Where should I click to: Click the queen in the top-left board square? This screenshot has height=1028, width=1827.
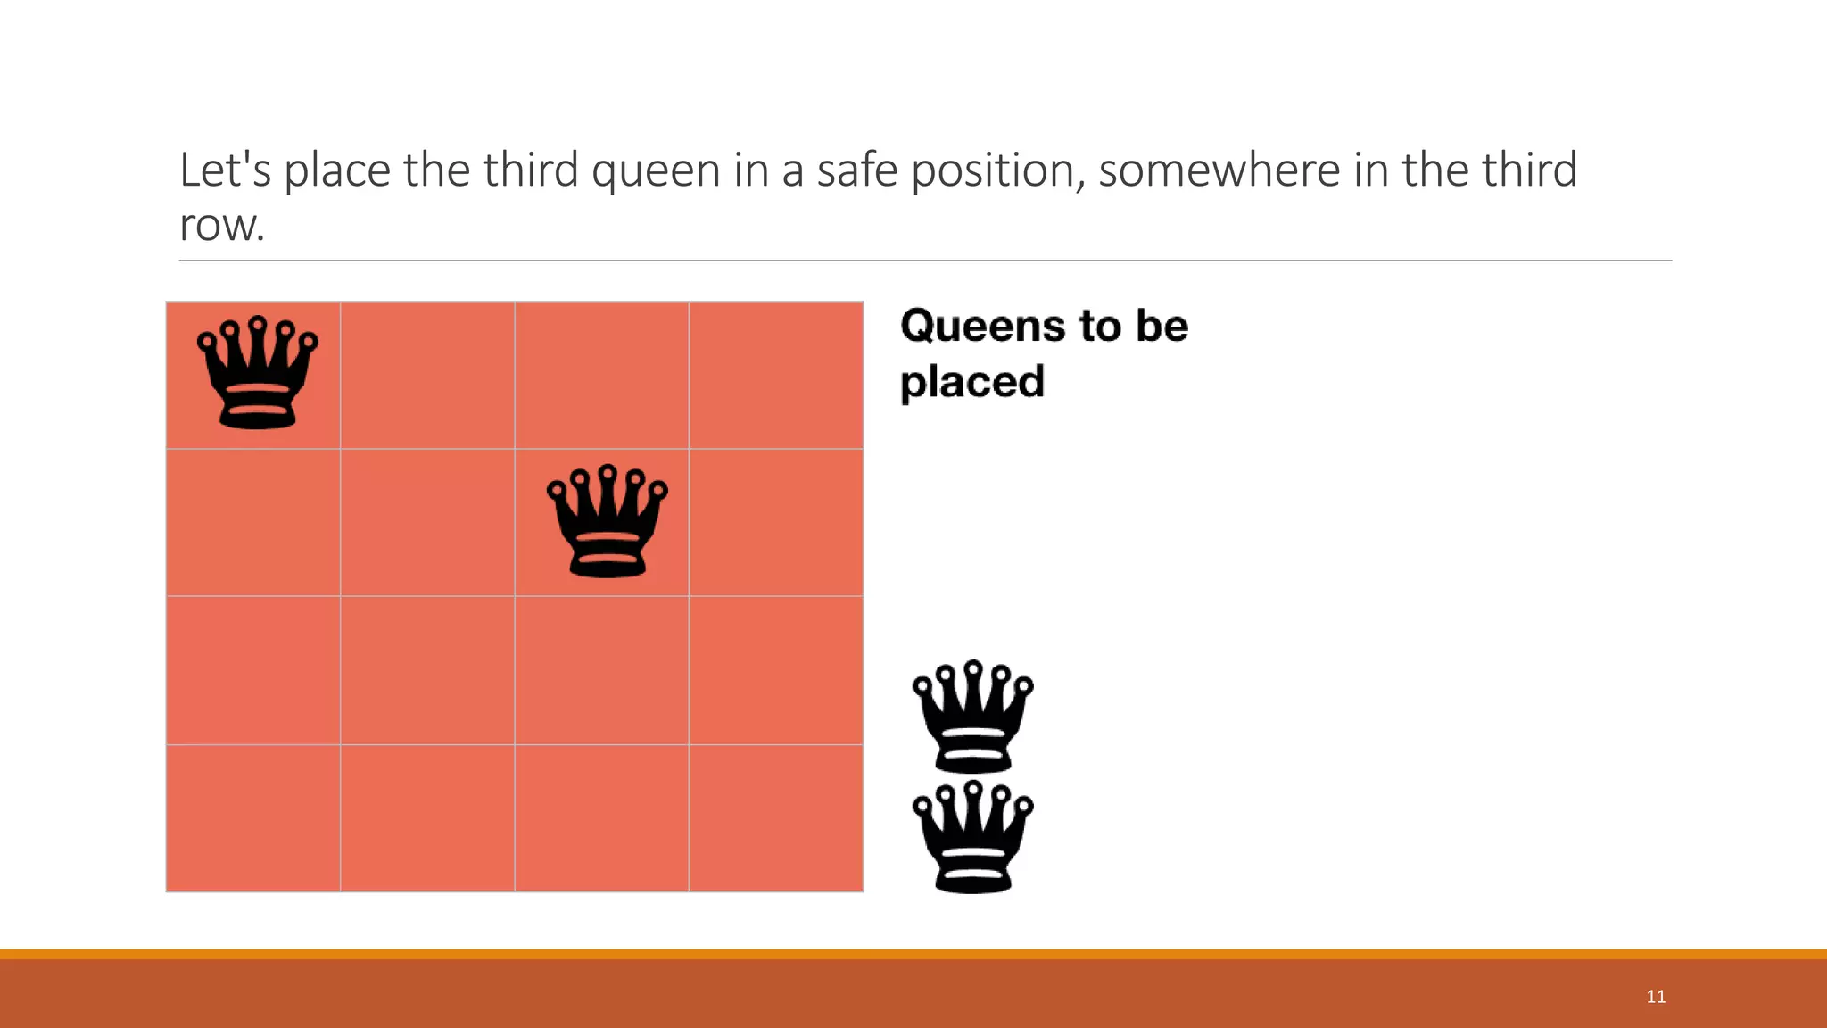(x=257, y=373)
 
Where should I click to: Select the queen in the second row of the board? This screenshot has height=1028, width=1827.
(x=607, y=521)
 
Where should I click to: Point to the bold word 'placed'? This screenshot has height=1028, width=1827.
(x=971, y=382)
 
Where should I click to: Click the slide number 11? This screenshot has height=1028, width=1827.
(x=1656, y=997)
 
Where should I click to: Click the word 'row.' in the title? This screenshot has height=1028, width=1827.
(x=222, y=225)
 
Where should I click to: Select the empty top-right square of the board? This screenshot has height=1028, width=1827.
(x=776, y=375)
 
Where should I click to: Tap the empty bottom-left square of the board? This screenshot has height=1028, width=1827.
(x=253, y=817)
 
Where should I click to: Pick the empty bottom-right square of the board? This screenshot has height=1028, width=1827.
(x=776, y=817)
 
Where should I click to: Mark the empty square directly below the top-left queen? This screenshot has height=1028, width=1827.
(x=253, y=522)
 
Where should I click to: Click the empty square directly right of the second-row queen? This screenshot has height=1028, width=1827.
(x=776, y=522)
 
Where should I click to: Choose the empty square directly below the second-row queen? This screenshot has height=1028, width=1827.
(x=602, y=670)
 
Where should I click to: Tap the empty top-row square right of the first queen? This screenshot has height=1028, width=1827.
(x=427, y=375)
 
